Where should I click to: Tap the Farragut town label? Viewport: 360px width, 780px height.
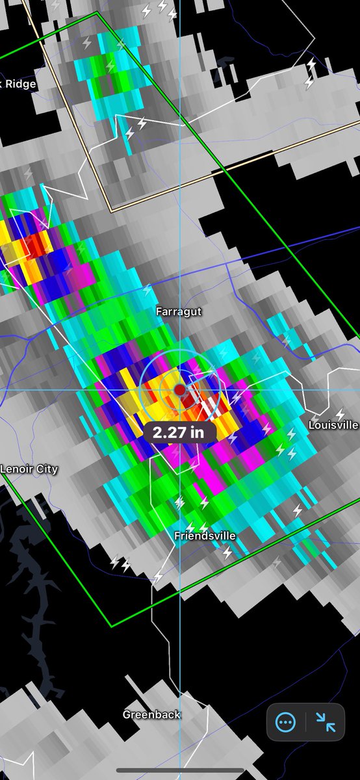179,312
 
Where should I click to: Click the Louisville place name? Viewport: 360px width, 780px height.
333,424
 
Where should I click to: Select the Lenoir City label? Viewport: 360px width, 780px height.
29,469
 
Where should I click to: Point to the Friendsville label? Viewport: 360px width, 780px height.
205,536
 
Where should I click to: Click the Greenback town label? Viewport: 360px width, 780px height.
151,714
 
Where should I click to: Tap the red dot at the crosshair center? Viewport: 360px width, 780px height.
180,389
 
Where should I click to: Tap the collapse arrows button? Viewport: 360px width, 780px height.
326,721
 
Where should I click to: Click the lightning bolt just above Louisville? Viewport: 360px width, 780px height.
340,413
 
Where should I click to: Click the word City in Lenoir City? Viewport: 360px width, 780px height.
45,469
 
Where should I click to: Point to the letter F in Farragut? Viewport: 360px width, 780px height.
159,312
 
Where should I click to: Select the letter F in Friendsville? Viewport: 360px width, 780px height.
177,536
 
